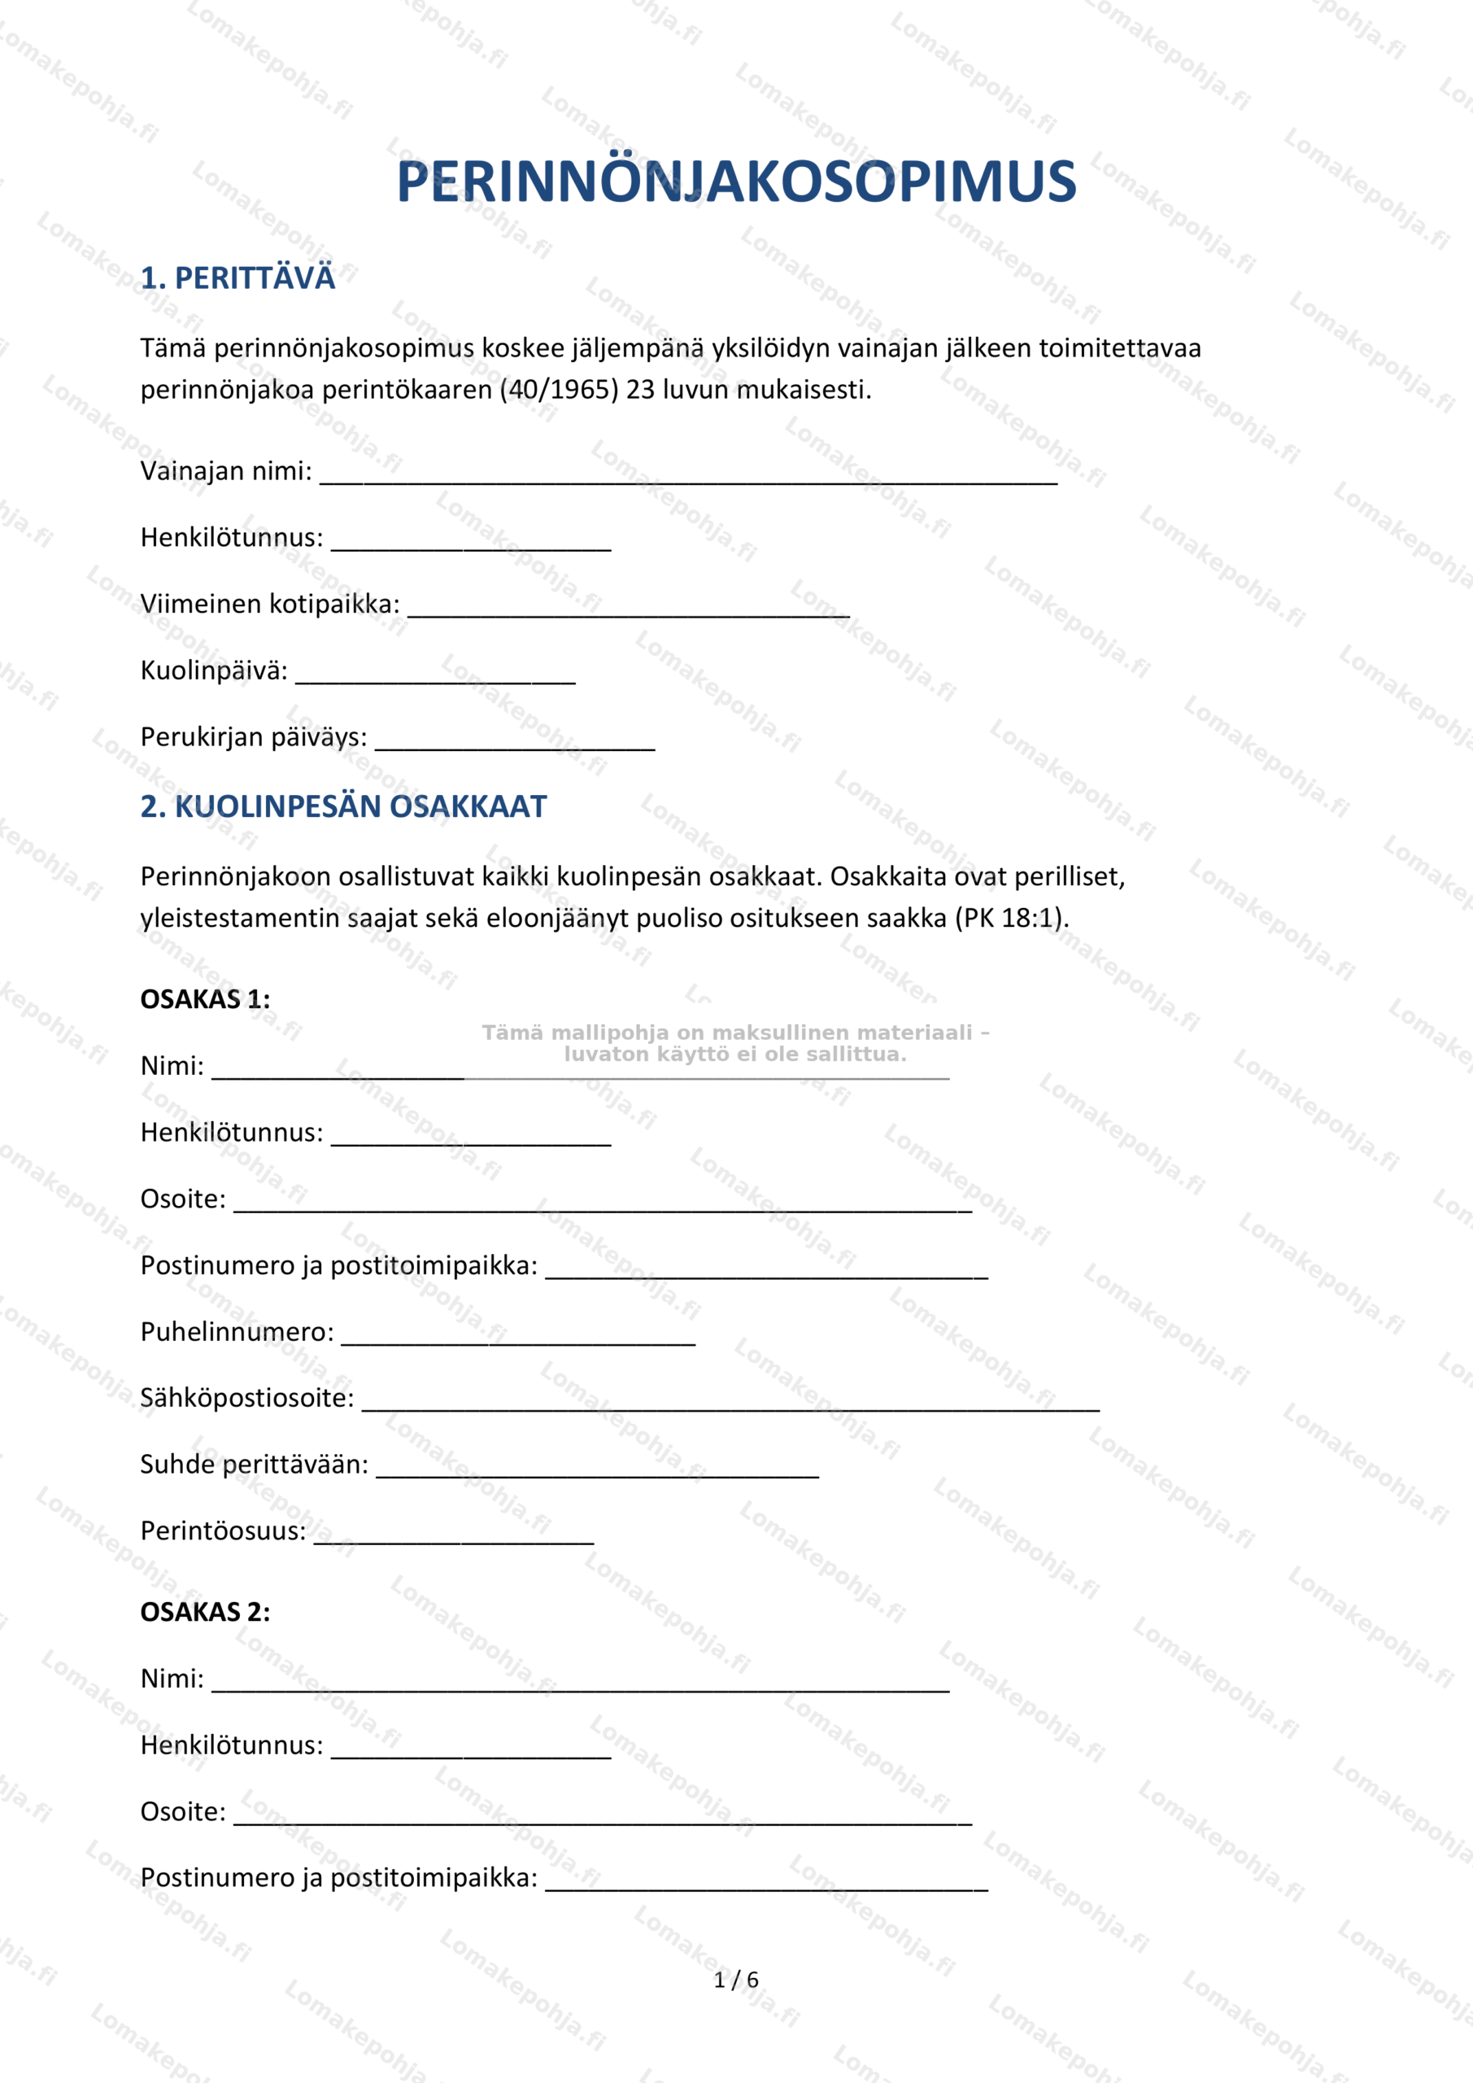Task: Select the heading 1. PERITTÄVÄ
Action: click(238, 277)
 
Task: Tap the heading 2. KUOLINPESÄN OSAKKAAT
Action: click(343, 806)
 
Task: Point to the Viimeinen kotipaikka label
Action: click(269, 605)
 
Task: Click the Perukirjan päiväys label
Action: click(253, 736)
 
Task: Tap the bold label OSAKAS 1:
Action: click(205, 999)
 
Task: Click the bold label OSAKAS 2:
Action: click(205, 1611)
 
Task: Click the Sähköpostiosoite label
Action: click(246, 1398)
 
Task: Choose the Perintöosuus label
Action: click(223, 1531)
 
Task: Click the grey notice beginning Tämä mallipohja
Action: click(734, 1043)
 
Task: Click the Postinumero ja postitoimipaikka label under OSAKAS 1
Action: click(338, 1265)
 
